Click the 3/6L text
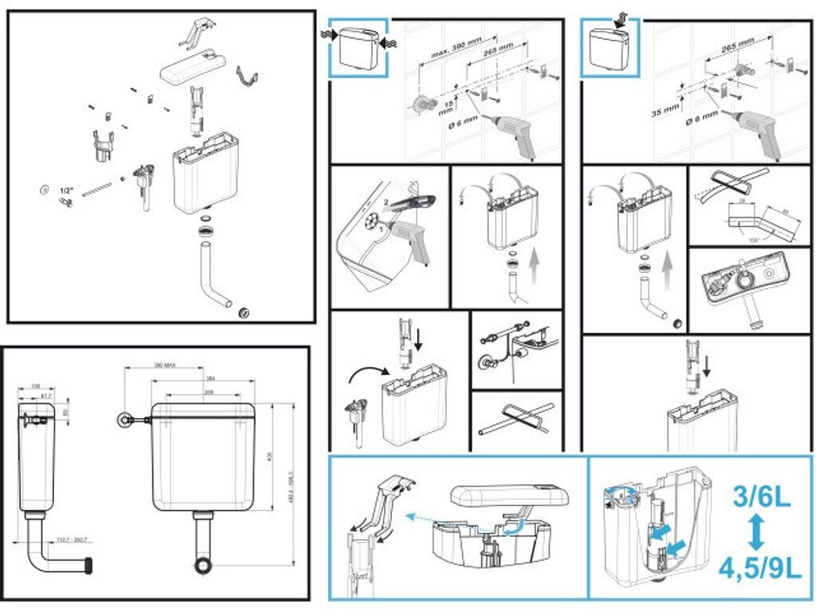(762, 498)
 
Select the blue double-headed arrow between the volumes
(757, 534)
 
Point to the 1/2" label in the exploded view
(66, 190)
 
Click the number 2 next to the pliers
(386, 202)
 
